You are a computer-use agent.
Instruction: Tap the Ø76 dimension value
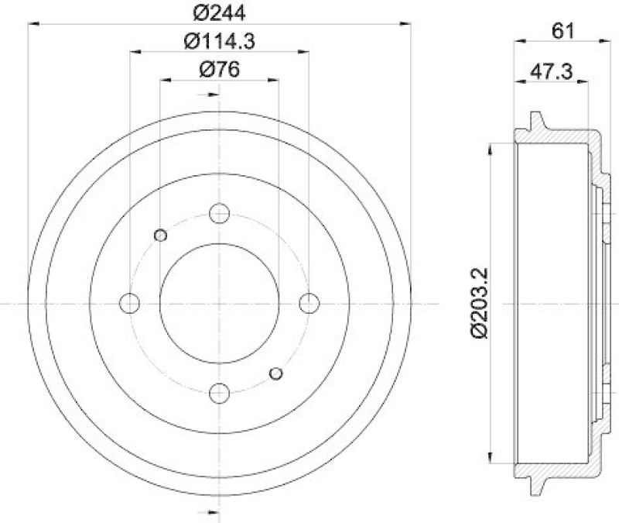point(219,69)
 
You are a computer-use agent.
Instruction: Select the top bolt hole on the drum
point(220,213)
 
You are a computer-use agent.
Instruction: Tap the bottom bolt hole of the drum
point(220,392)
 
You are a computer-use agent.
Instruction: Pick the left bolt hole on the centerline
point(130,303)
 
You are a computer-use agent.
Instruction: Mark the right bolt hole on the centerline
point(309,303)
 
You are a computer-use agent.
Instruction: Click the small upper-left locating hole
point(161,236)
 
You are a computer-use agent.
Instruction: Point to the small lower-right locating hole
point(275,374)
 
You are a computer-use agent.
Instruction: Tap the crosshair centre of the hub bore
point(220,303)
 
